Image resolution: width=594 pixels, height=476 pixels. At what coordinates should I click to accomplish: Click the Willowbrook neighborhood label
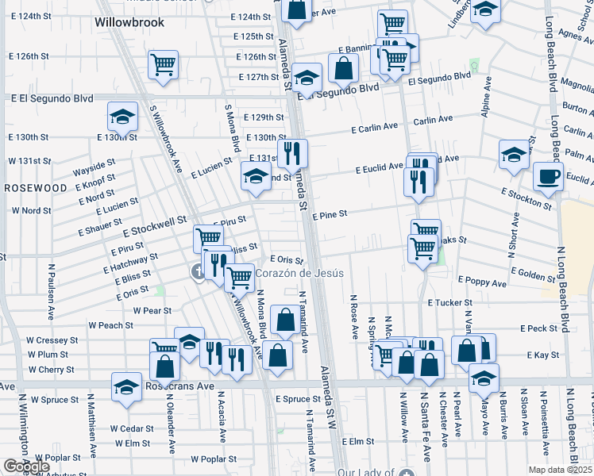[x=129, y=22]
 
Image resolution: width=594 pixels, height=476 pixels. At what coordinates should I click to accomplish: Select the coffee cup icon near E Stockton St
[x=548, y=177]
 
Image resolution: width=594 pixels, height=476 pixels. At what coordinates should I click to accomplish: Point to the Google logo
[x=26, y=466]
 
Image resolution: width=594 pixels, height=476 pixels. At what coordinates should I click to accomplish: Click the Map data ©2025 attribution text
[x=560, y=470]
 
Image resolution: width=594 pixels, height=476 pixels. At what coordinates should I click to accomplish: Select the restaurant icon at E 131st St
[x=292, y=153]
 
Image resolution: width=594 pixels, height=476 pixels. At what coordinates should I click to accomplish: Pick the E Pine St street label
[x=330, y=216]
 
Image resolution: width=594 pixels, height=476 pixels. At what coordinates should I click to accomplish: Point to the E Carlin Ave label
[x=376, y=126]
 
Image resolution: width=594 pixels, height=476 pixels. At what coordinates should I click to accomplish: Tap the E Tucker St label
[x=449, y=303]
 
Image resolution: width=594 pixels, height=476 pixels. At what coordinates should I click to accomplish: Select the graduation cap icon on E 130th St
[x=123, y=118]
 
